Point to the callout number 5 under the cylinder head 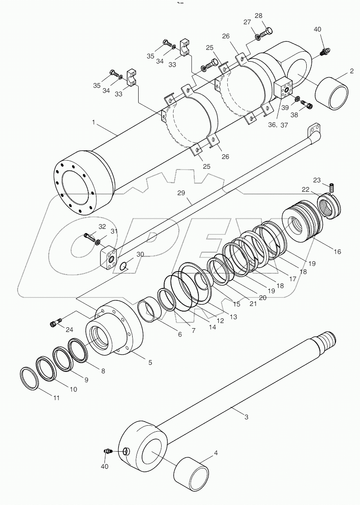150,362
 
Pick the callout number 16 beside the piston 337,251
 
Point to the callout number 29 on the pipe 181,193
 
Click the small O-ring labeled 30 123,266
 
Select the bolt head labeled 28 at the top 267,31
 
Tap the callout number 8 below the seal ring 102,371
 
